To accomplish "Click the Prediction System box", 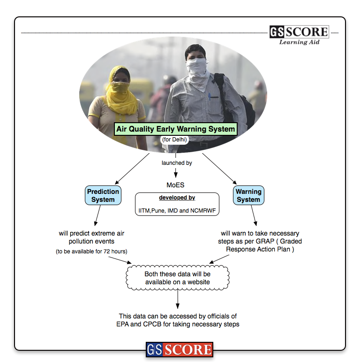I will click(x=103, y=195).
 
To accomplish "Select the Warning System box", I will click(x=248, y=195).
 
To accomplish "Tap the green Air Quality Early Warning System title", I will click(x=176, y=128).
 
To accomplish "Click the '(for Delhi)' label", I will click(x=174, y=140).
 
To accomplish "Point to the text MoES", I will click(x=175, y=185).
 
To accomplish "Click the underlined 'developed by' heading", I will click(x=177, y=198).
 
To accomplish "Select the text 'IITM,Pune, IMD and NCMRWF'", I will click(x=177, y=211).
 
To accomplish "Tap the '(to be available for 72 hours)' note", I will click(x=91, y=251).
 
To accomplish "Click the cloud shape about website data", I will click(x=177, y=278).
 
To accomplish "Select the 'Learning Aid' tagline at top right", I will click(x=299, y=42).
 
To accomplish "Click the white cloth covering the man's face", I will click(x=196, y=70).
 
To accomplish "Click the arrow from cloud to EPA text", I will click(x=178, y=299).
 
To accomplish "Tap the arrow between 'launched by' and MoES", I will click(x=176, y=173).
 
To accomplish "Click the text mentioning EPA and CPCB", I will click(x=179, y=320).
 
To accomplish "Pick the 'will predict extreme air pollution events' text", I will click(x=91, y=237).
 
